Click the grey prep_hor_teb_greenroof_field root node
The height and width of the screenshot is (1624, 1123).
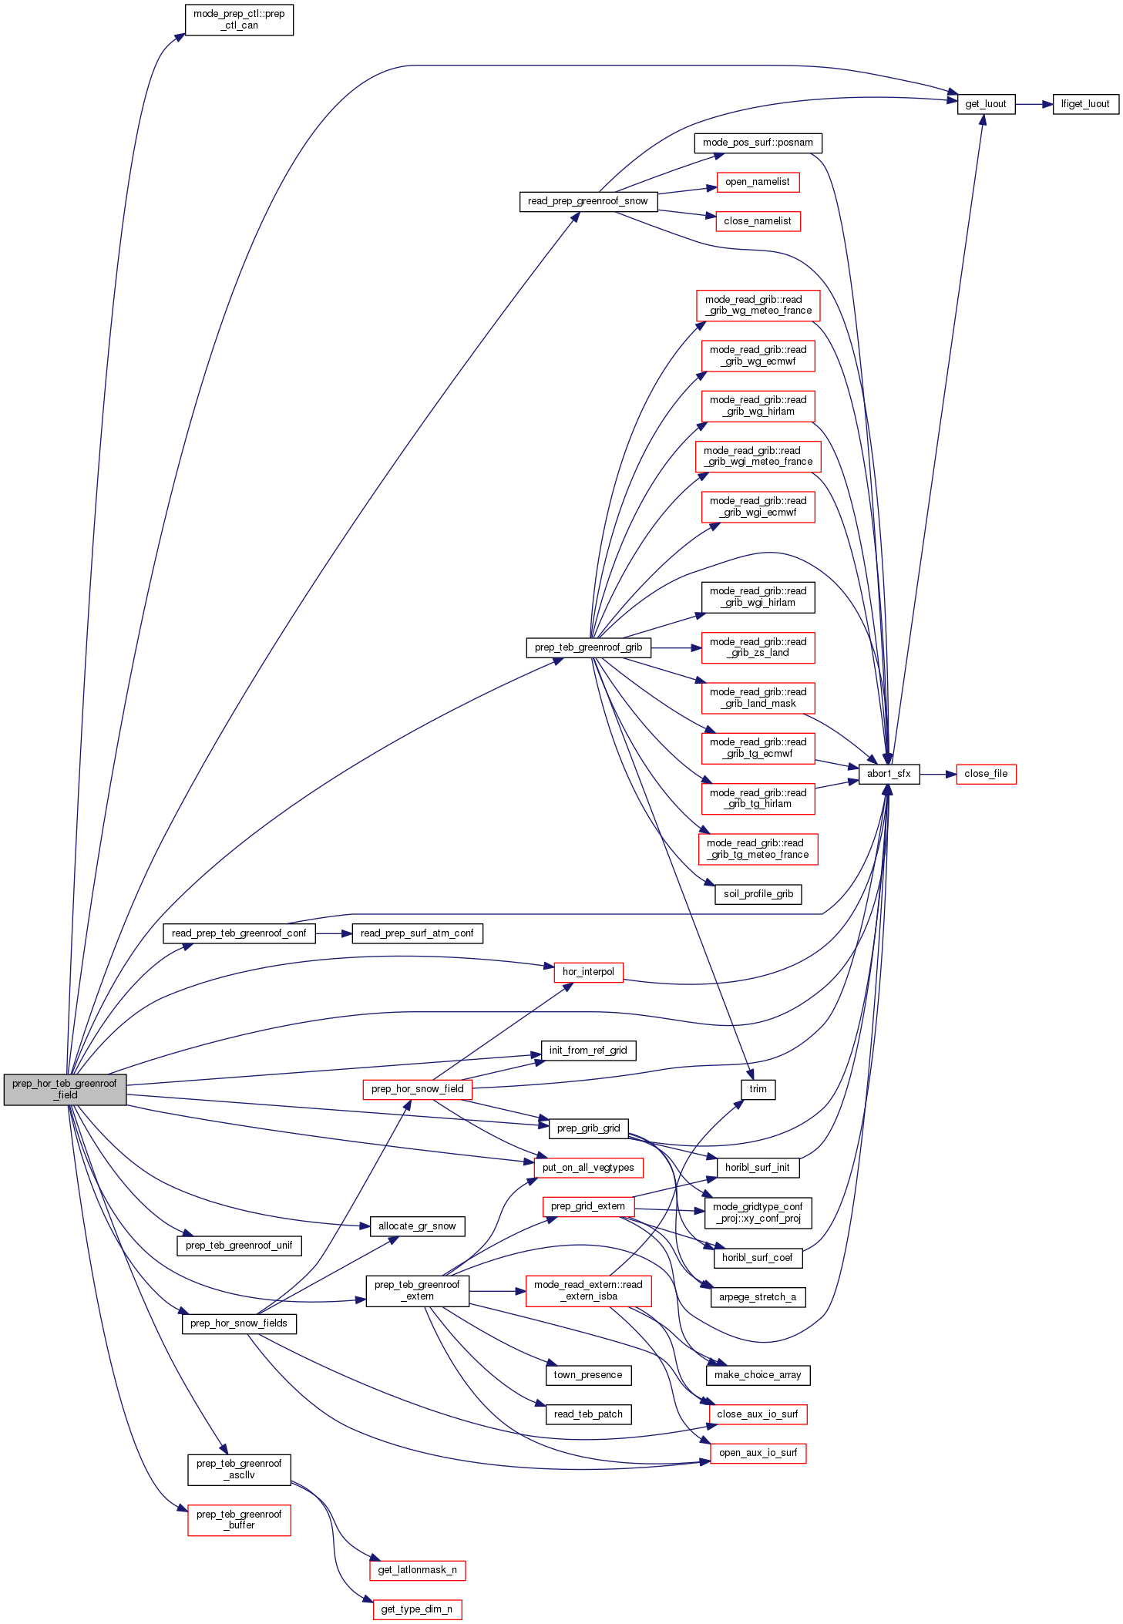pyautogui.click(x=65, y=1088)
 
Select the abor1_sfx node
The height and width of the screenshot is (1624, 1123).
pyautogui.click(x=889, y=773)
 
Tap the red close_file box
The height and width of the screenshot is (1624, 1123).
pyautogui.click(x=986, y=773)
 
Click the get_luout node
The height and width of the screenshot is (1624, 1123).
pyautogui.click(x=986, y=103)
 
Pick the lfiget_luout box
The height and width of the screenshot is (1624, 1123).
pyautogui.click(x=1085, y=103)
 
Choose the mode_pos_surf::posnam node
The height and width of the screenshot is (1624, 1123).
pyautogui.click(x=758, y=143)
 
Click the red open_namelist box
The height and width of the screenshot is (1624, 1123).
pyautogui.click(x=757, y=182)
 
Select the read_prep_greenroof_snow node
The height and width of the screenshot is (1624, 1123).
pyautogui.click(x=588, y=201)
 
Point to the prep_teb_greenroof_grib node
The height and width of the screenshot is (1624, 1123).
pyautogui.click(x=588, y=647)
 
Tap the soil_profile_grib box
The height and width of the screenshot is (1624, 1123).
pyautogui.click(x=758, y=894)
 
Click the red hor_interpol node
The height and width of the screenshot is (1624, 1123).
pyautogui.click(x=588, y=972)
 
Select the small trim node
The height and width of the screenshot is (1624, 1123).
pyautogui.click(x=758, y=1089)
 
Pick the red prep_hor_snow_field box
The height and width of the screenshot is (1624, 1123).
pyautogui.click(x=417, y=1089)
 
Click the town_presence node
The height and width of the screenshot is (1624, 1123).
pyautogui.click(x=588, y=1375)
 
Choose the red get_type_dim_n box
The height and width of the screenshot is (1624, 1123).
pyautogui.click(x=417, y=1609)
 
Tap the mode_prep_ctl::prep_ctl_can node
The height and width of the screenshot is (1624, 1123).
pyautogui.click(x=239, y=19)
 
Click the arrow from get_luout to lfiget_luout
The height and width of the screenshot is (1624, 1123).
pyautogui.click(x=1034, y=103)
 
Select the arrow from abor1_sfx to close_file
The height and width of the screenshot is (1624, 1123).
pyautogui.click(x=937, y=773)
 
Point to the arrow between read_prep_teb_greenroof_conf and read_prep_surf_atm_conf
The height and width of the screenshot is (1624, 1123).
pyautogui.click(x=333, y=933)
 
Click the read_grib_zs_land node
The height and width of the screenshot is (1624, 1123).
pyautogui.click(x=758, y=647)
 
